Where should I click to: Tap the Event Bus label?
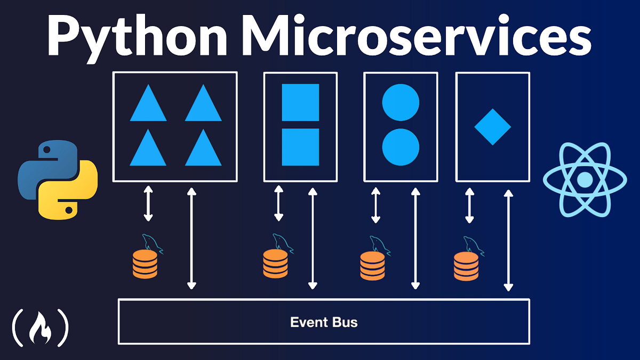point(324,322)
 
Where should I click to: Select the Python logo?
point(58,180)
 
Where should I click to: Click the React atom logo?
point(585,180)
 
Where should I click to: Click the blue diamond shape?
point(493,127)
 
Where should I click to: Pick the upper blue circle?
point(401,101)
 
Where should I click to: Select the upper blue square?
point(300,102)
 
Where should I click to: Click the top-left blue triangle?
point(148,105)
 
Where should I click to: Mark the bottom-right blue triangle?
point(203,149)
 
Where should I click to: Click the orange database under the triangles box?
point(145,263)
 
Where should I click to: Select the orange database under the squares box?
point(275,263)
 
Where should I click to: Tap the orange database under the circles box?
point(372,266)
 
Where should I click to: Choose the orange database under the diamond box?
point(466,266)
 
